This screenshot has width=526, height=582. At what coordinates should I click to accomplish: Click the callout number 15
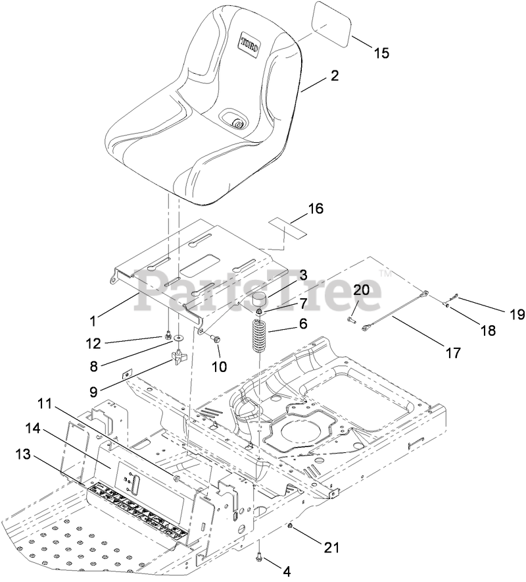point(381,53)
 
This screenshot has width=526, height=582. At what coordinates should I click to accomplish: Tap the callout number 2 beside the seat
point(335,76)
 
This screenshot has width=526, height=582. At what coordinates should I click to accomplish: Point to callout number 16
point(316,209)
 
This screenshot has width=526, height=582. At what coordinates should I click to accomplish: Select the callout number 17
point(453,352)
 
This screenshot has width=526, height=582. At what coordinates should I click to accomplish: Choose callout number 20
point(361,289)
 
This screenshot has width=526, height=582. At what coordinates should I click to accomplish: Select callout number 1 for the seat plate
point(93,321)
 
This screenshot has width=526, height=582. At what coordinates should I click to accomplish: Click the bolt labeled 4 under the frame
point(261,557)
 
